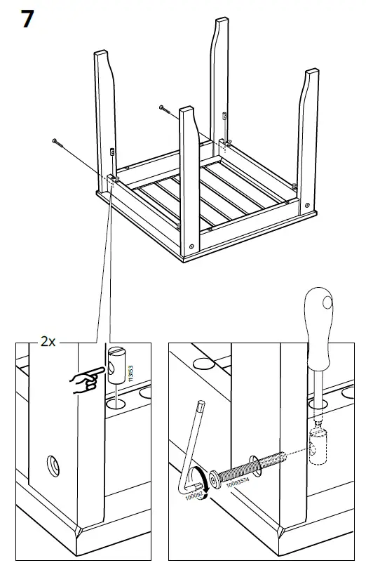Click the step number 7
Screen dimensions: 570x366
pyautogui.click(x=27, y=19)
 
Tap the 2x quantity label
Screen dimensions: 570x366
pyautogui.click(x=48, y=342)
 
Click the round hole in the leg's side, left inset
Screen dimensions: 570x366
pyautogui.click(x=53, y=465)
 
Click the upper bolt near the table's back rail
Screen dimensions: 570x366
pyautogui.click(x=165, y=108)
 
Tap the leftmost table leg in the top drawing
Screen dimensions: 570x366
pyautogui.click(x=106, y=112)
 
